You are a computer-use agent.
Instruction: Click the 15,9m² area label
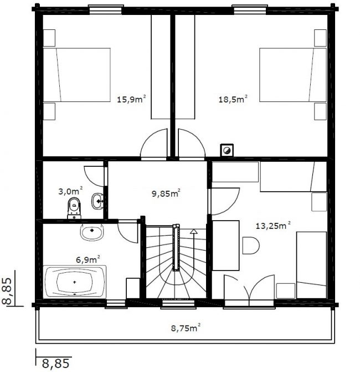(131, 99)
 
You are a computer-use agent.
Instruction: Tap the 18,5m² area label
(233, 99)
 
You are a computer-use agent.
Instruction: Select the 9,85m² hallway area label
(166, 193)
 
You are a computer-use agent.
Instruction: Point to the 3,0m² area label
(70, 191)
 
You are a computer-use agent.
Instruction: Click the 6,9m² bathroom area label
(88, 259)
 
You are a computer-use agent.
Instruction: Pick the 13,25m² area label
(273, 226)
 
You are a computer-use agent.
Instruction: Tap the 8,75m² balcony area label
(186, 328)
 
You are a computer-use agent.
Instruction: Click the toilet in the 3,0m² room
(74, 208)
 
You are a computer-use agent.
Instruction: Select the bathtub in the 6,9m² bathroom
(75, 282)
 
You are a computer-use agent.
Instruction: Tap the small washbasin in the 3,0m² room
(97, 201)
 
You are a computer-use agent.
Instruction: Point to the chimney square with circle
(227, 150)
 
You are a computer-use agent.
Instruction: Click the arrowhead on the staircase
(194, 231)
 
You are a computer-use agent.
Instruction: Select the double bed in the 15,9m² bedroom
(77, 75)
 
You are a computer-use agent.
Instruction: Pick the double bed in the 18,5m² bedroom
(293, 75)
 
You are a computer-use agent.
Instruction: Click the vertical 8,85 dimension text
(7, 291)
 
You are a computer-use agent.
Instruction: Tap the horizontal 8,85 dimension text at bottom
(56, 363)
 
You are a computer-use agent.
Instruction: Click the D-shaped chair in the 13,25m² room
(251, 245)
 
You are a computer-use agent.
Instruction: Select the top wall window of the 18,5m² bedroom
(250, 9)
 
